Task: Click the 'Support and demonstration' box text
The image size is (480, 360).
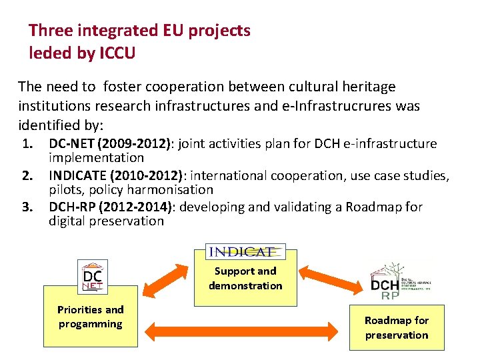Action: pyautogui.click(x=245, y=279)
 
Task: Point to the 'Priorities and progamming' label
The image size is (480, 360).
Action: pyautogui.click(x=91, y=317)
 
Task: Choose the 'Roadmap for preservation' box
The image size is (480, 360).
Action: pyautogui.click(x=397, y=327)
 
